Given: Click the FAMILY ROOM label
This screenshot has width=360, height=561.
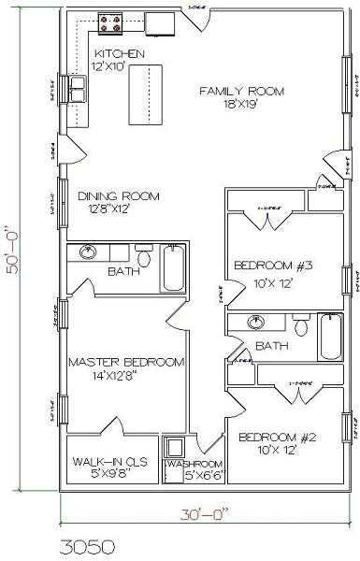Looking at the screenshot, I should coord(241,91).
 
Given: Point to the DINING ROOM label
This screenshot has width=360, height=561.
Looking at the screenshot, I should coord(118,196).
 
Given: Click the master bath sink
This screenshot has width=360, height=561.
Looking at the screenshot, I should coord(87,252).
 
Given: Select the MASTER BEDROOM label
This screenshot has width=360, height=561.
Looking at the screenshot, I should coord(125,361).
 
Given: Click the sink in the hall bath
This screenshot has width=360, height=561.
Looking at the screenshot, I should coord(257,323).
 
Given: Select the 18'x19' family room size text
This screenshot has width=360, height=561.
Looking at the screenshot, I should coord(241,108).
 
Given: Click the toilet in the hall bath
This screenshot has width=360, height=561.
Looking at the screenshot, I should coord(301,326).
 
